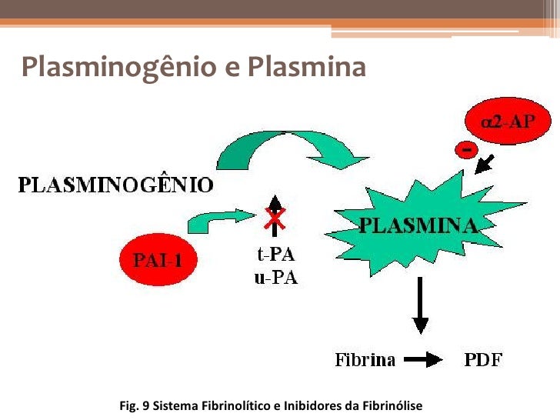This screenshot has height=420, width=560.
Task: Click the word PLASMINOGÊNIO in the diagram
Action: coord(115,185)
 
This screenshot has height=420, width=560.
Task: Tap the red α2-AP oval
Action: coord(507,122)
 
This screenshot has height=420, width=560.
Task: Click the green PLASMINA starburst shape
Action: coord(419,225)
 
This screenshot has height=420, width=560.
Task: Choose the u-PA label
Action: coord(275,278)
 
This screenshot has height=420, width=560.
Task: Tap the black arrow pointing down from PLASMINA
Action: coord(420,308)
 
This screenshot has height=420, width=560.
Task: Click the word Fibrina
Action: coord(365,360)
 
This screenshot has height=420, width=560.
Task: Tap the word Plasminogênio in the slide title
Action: coord(115,68)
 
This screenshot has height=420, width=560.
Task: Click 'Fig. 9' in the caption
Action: coord(135,405)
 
